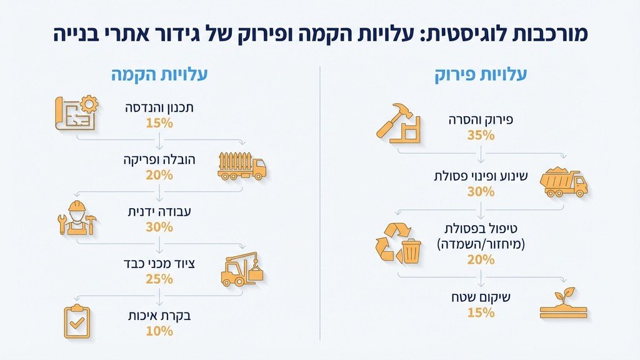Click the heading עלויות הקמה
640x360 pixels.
click(159, 76)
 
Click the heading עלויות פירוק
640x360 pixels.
click(481, 76)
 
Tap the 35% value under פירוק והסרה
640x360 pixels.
click(481, 134)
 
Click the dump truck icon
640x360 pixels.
click(562, 182)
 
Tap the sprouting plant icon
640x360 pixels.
click(563, 303)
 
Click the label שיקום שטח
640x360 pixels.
click(481, 297)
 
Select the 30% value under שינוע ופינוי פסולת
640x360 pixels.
click(481, 192)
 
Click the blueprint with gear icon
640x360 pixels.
click(77, 113)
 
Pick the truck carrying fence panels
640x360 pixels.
click(241, 166)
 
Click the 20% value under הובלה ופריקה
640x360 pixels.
click(159, 175)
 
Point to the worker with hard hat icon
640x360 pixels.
click(77, 218)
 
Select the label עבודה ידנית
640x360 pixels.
click(159, 212)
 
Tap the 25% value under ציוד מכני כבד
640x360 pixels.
click(159, 279)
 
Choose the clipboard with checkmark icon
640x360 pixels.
click(77, 322)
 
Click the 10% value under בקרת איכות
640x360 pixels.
click(159, 331)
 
